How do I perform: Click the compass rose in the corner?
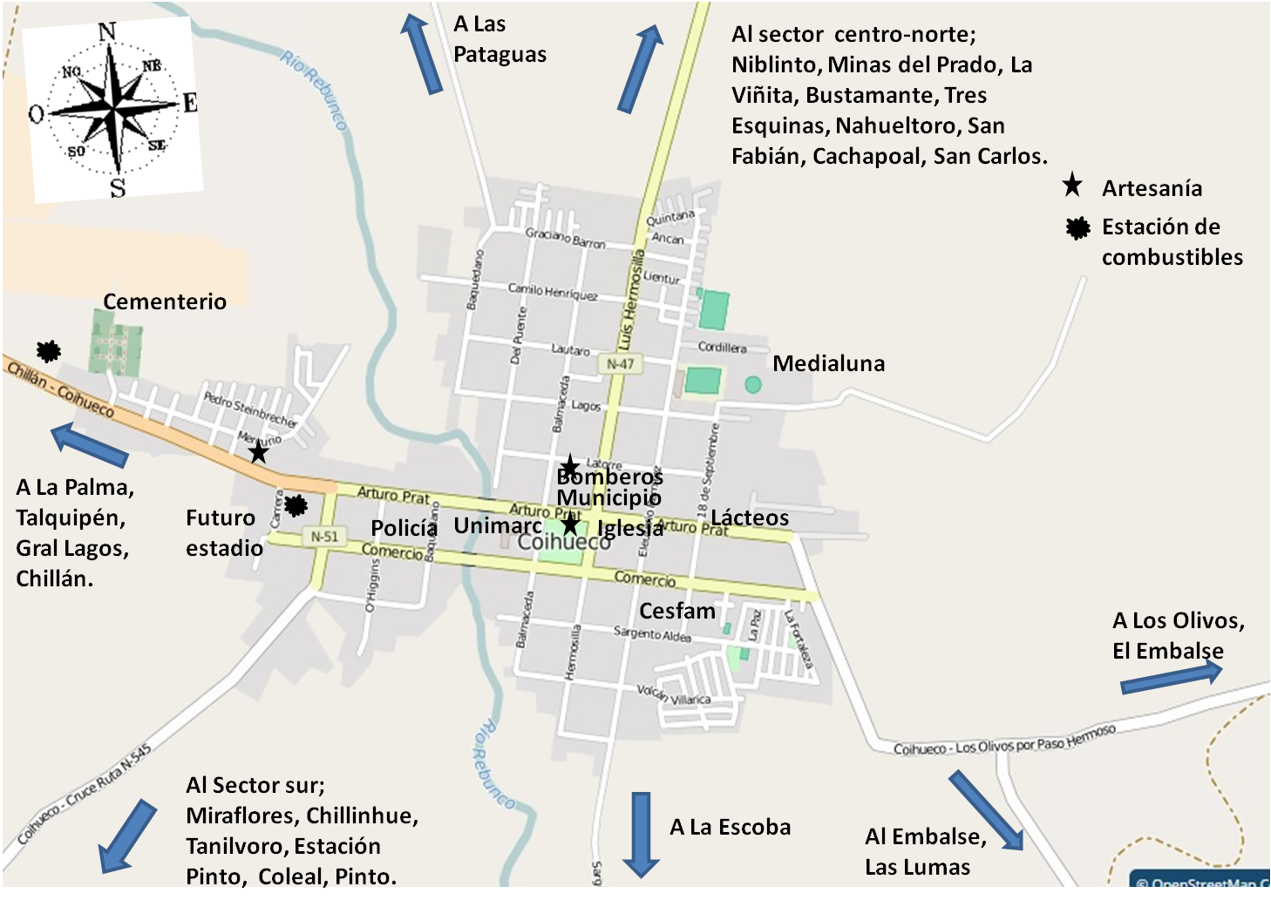112,108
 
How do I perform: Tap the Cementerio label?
165,301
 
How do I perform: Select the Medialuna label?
828,363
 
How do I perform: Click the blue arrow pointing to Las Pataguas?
422,54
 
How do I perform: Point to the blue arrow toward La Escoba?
641,834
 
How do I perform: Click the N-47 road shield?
621,363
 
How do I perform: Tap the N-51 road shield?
324,537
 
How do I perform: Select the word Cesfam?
677,611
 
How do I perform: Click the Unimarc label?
498,525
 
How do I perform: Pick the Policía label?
404,528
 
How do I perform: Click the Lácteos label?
750,518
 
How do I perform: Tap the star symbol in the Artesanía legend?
1072,186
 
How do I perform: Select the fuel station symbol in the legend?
1078,228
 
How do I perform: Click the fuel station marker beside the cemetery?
49,351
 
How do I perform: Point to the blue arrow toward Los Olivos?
1171,677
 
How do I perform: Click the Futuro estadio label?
224,532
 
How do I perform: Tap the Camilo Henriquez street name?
553,291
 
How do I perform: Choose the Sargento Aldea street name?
652,634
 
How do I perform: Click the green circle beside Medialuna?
753,384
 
